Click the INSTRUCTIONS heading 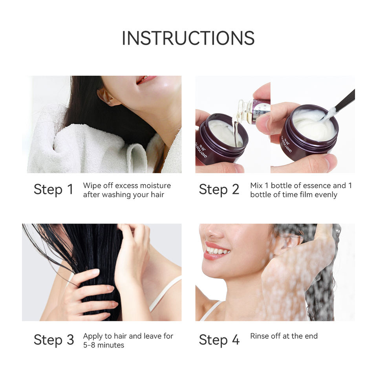(x=188, y=38)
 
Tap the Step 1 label (x=53, y=189)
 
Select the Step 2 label (x=219, y=189)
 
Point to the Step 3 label (x=54, y=340)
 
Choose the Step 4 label (x=219, y=340)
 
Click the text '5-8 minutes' (x=104, y=345)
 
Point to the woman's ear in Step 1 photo (x=106, y=96)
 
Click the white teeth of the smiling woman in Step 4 (x=218, y=251)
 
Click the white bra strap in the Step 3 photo (x=165, y=293)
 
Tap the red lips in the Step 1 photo (x=145, y=80)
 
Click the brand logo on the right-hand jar (x=287, y=144)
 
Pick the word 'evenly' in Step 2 (x=326, y=194)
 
